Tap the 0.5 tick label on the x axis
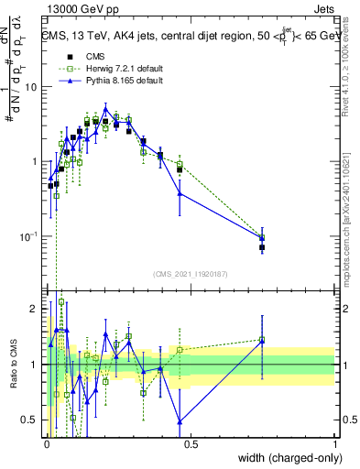(x=191, y=442)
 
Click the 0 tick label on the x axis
(x=46, y=442)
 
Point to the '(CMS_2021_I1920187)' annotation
(x=191, y=272)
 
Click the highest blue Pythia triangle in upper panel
(x=105, y=107)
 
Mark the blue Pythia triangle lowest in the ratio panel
(x=180, y=421)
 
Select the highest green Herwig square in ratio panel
(x=61, y=301)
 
